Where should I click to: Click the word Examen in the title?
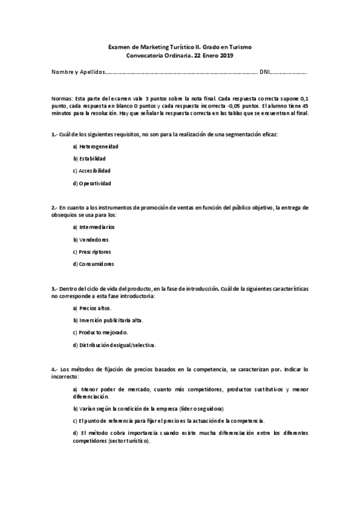coord(119,46)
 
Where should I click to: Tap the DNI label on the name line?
coord(264,73)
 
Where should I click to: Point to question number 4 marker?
coord(54,369)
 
